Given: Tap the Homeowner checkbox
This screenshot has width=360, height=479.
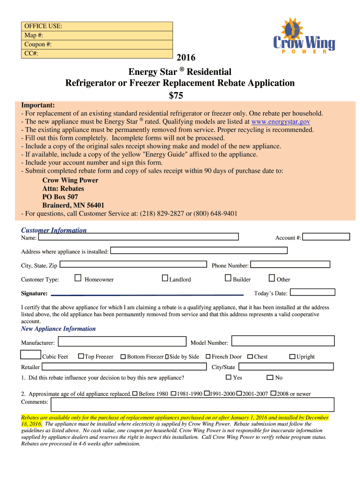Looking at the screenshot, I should coord(78,279).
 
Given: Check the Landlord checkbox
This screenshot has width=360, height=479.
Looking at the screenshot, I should coord(165,279).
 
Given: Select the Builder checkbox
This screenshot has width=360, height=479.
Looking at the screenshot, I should coord(228,279).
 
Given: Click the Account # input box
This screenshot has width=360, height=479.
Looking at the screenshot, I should coord(326,237).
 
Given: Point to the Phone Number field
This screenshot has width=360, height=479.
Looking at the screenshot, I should coord(290,264).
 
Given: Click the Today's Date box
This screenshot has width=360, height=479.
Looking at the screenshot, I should coord(312,292).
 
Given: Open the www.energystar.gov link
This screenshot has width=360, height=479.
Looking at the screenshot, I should coord(281,122).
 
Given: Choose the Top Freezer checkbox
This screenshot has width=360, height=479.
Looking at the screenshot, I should coord(81,356).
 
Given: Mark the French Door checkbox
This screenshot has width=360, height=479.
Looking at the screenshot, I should coord(208,356).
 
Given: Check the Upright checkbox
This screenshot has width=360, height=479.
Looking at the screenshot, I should coord(292,356).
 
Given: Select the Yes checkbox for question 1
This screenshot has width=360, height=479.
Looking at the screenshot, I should coord(229,377).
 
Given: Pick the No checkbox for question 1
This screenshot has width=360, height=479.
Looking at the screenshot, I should coord(270,377).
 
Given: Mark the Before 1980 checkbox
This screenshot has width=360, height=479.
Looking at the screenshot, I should coord(135,393).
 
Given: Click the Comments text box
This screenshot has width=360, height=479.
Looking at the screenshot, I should coord(192,404).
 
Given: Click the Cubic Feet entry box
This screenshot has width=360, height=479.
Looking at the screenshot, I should coord(31,356).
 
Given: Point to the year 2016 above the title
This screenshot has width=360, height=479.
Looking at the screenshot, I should coord(186,58).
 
